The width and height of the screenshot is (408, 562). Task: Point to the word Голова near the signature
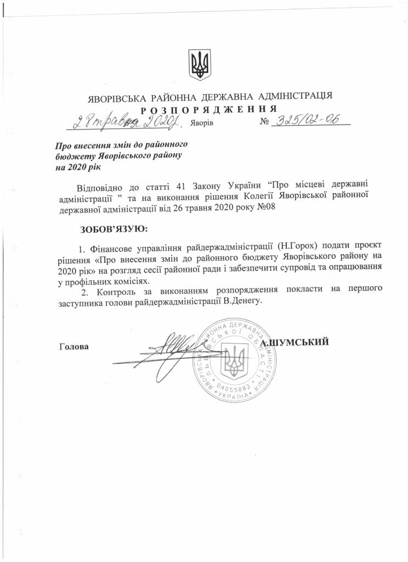72,347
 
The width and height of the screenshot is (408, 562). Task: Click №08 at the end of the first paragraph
264,207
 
